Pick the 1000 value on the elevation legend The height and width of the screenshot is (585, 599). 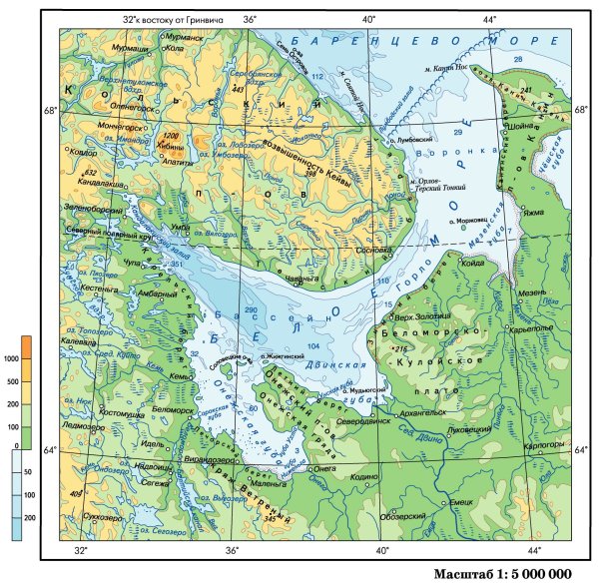coord(12,357)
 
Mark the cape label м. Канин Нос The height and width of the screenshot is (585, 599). coord(446,67)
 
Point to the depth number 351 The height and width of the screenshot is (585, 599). coord(179,264)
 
